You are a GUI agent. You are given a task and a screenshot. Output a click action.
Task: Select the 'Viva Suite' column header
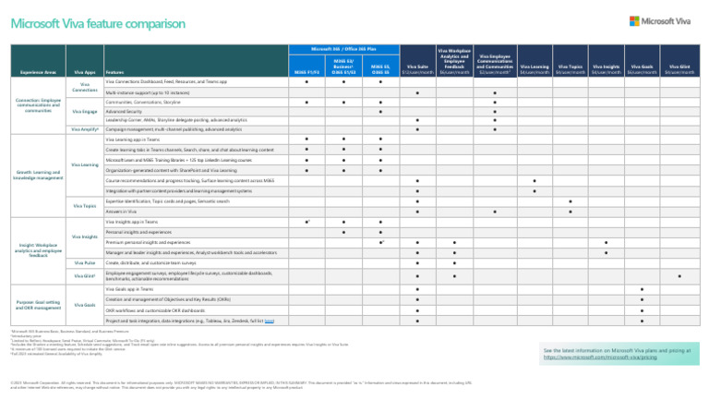pyautogui.click(x=417, y=69)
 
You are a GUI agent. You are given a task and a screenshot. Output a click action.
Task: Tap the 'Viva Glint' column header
pyautogui.click(x=679, y=69)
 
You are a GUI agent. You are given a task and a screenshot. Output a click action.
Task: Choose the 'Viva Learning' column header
pyautogui.click(x=535, y=69)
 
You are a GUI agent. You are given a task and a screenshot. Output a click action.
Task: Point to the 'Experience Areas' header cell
pyautogui.click(x=39, y=71)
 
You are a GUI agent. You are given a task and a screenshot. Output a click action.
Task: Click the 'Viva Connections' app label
pyautogui.click(x=85, y=87)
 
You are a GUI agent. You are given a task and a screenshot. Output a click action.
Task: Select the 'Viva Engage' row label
pyautogui.click(x=85, y=111)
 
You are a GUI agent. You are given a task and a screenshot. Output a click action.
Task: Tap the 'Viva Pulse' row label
pyautogui.click(x=85, y=263)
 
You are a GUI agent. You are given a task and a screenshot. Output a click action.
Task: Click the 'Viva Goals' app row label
pyautogui.click(x=85, y=304)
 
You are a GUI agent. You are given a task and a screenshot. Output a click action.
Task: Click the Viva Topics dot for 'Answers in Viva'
pyautogui.click(x=571, y=211)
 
